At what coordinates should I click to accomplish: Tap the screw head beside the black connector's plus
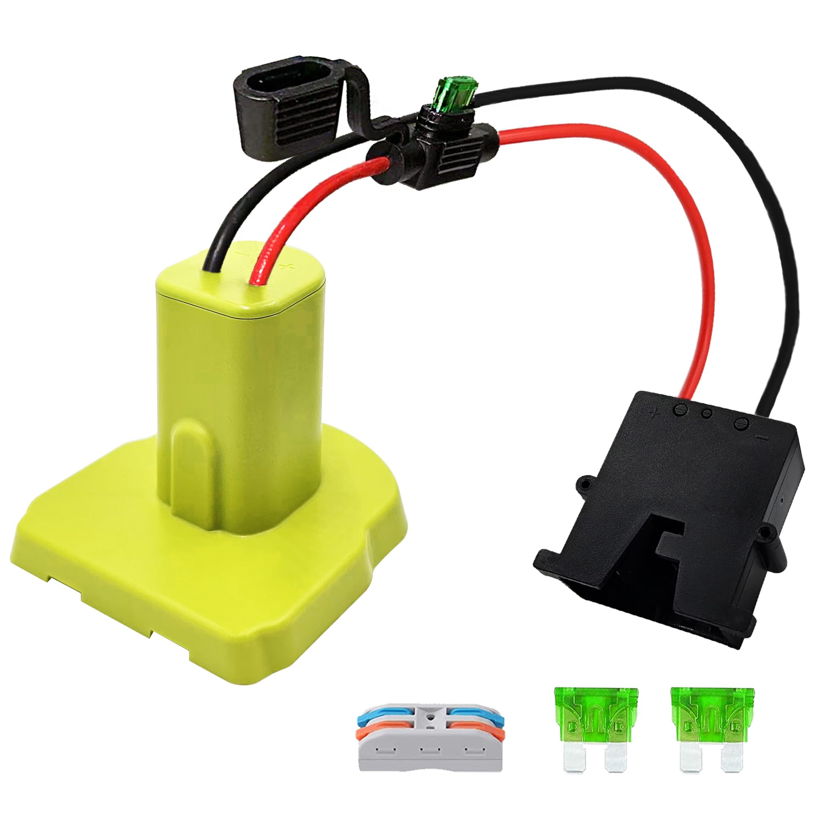point(679,410)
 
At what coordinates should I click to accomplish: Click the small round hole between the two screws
point(706,413)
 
